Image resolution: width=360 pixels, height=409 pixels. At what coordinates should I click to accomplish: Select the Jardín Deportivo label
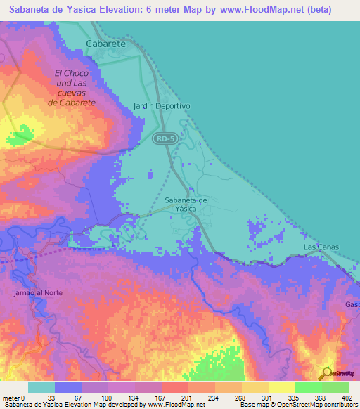[x=162, y=106]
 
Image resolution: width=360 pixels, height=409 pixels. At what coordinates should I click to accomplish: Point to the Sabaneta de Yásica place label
[x=186, y=204]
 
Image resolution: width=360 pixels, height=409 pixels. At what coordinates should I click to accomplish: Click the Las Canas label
[x=320, y=248]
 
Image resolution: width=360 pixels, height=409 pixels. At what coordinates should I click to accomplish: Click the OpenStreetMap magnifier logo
[x=327, y=374]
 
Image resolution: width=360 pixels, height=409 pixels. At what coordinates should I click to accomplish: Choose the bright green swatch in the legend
[x=308, y=387]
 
